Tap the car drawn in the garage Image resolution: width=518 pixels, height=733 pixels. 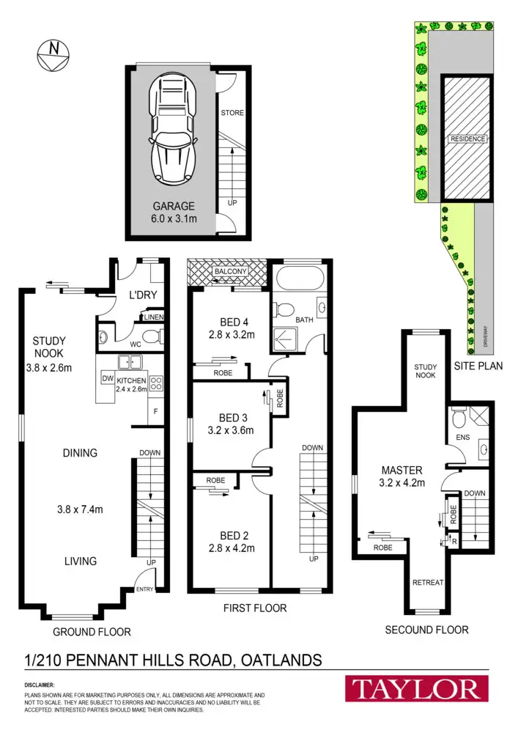[x=174, y=131]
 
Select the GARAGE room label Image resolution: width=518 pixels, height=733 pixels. [x=174, y=206]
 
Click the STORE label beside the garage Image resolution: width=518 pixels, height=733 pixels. [x=232, y=113]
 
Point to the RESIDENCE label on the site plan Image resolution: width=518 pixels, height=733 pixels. [x=466, y=138]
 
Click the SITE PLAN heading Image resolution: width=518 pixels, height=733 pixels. [x=478, y=365]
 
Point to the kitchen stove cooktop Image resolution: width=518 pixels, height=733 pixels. [x=156, y=381]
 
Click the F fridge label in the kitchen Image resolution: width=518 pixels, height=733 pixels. [x=156, y=410]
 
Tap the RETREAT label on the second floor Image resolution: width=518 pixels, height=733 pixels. [x=428, y=582]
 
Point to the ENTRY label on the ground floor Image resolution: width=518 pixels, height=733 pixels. [x=145, y=589]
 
